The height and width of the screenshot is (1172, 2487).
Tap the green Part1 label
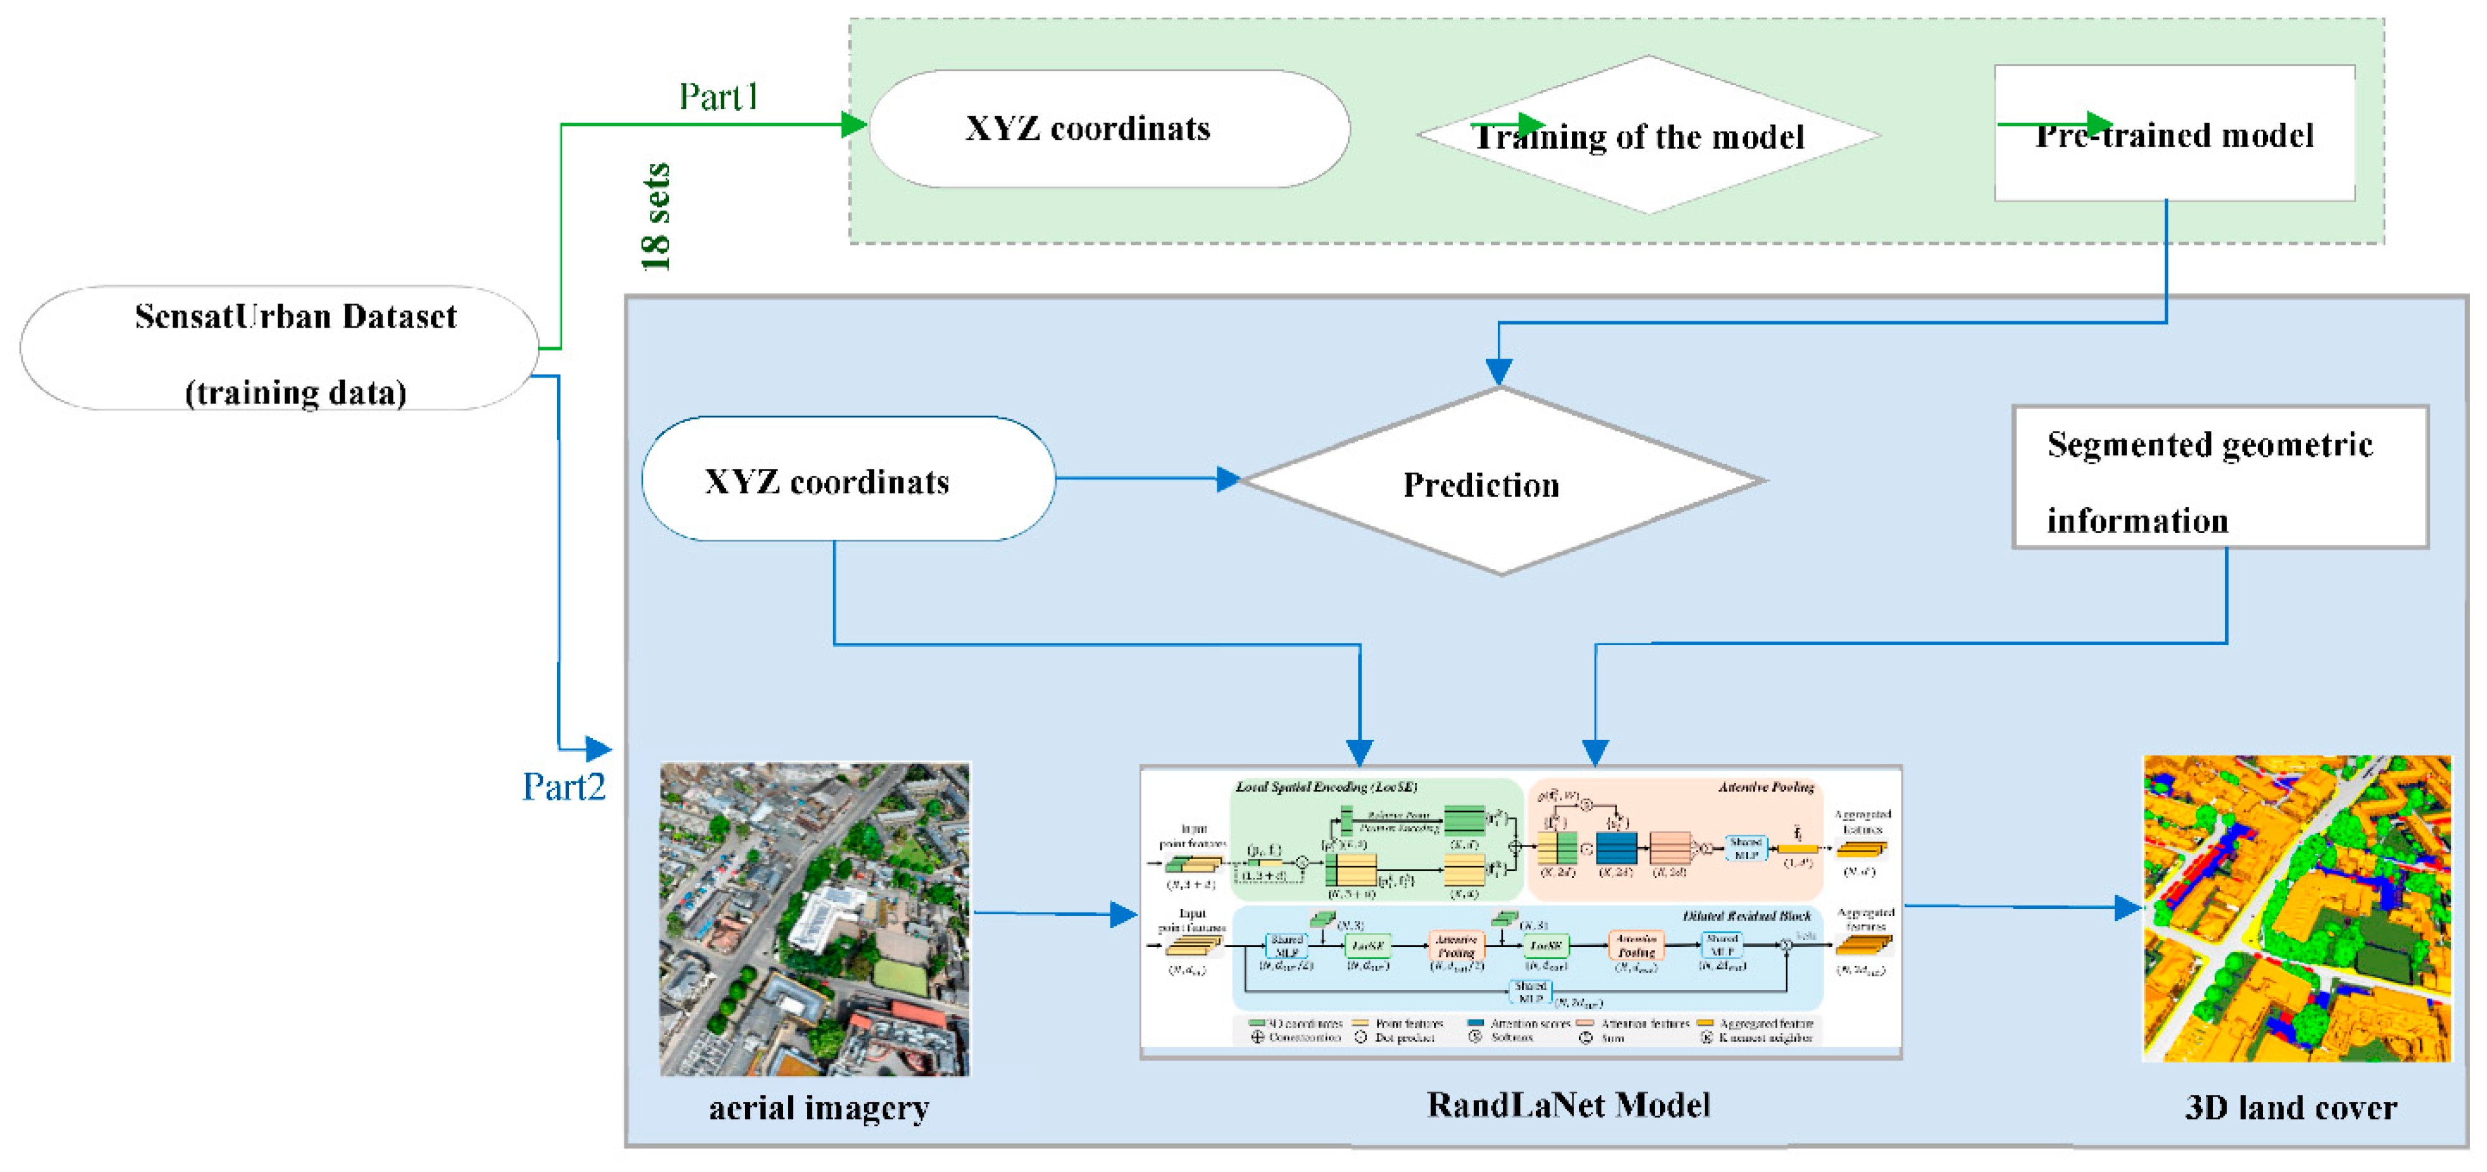718,97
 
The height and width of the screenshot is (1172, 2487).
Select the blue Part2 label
564,787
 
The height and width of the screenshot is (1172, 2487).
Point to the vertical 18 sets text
656,216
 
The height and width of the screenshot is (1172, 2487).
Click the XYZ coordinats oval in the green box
1108,128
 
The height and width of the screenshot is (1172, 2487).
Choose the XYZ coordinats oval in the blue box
848,480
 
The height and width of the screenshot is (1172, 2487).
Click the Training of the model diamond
1648,135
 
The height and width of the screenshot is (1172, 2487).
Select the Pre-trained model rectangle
2174,133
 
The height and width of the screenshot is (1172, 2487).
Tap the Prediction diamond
1501,482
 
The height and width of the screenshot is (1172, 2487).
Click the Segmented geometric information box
2219,478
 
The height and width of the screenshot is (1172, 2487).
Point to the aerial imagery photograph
814,918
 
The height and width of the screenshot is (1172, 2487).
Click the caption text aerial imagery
819,1107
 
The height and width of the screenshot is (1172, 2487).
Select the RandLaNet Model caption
1568,1104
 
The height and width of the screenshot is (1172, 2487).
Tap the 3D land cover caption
2290,1107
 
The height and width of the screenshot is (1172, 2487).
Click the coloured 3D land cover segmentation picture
2297,908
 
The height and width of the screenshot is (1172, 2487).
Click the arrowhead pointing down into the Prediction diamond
1499,372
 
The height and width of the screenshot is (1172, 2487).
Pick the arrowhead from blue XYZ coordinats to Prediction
1228,479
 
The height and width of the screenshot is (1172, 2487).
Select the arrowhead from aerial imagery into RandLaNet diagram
1123,914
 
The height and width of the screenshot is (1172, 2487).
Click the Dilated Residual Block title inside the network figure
1747,915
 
